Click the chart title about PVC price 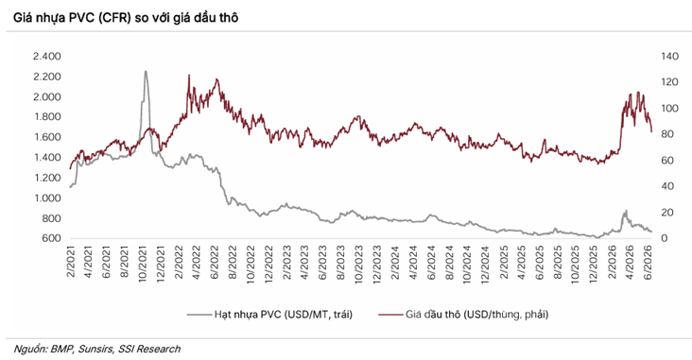(126, 17)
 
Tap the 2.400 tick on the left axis (46, 57)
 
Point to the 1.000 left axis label (46, 198)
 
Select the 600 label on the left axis (52, 238)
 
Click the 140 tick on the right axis (669, 57)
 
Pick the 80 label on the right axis (666, 134)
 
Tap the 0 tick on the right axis (664, 238)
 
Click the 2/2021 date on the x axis (71, 262)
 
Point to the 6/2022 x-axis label (215, 262)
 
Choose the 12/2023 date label (377, 265)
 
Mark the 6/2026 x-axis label (648, 262)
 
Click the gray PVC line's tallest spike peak (146, 71)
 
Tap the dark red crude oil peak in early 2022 (189, 75)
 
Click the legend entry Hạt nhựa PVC (284, 315)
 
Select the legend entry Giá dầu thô (476, 315)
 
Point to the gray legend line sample (199, 315)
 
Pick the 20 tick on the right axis (666, 213)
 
